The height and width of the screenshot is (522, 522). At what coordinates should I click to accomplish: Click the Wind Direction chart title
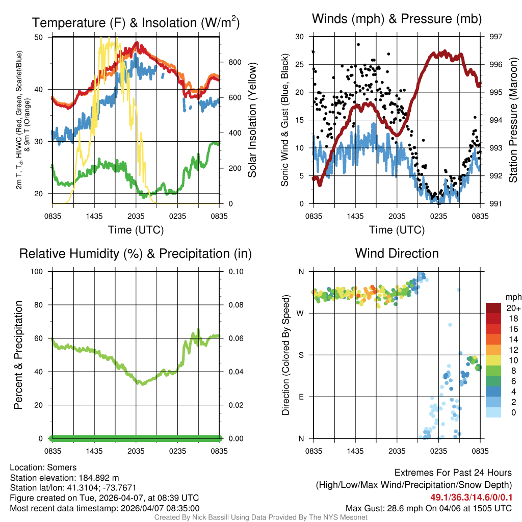pos(397,253)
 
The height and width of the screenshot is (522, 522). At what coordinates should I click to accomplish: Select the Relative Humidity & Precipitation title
pos(136,253)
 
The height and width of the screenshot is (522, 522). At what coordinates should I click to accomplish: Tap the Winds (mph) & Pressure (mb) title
pos(397,19)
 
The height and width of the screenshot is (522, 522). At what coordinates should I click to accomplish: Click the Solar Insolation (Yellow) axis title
pos(252,120)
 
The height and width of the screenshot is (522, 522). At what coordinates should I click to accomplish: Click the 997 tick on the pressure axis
pos(495,37)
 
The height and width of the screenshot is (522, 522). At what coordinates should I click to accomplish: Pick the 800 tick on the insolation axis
pos(235,62)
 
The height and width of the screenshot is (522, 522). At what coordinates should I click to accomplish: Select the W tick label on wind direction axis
pos(301,313)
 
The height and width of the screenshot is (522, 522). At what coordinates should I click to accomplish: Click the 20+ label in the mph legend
pos(513,308)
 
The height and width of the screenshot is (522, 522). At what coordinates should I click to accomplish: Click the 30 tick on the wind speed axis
pos(300,37)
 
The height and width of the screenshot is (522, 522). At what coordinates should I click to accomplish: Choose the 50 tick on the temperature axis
pos(38,37)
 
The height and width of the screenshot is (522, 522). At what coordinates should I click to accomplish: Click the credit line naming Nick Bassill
pos(260,517)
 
